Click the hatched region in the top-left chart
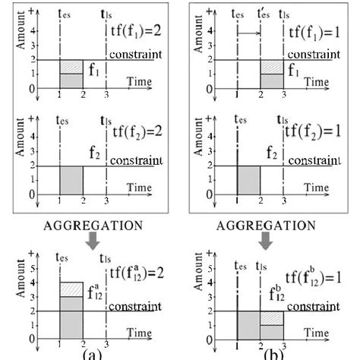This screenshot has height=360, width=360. coord(71,67)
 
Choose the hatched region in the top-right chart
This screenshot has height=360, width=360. coord(272,67)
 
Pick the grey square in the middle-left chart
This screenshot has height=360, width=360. coord(71,180)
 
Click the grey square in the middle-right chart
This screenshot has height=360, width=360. coord(249,180)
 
